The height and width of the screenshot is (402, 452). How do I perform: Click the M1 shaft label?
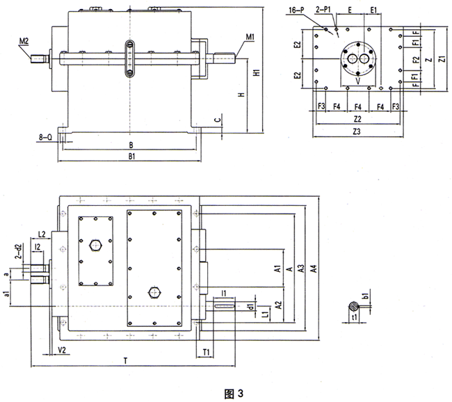coord(250,36)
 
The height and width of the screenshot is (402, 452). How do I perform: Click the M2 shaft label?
coord(24,41)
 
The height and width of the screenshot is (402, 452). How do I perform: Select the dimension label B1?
coord(129,157)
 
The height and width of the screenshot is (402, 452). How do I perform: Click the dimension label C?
coord(218,120)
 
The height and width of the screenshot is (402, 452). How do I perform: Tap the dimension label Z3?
coord(357,131)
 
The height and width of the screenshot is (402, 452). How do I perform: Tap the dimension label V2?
coord(62,349)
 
